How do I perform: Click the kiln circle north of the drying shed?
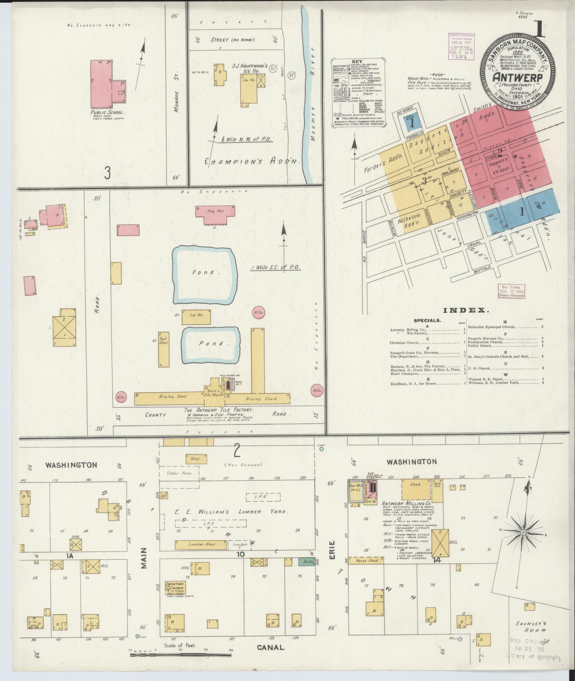(258, 313)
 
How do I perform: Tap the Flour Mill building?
(355, 491)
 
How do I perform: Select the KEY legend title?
(360, 61)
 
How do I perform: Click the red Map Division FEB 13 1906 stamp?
(511, 291)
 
